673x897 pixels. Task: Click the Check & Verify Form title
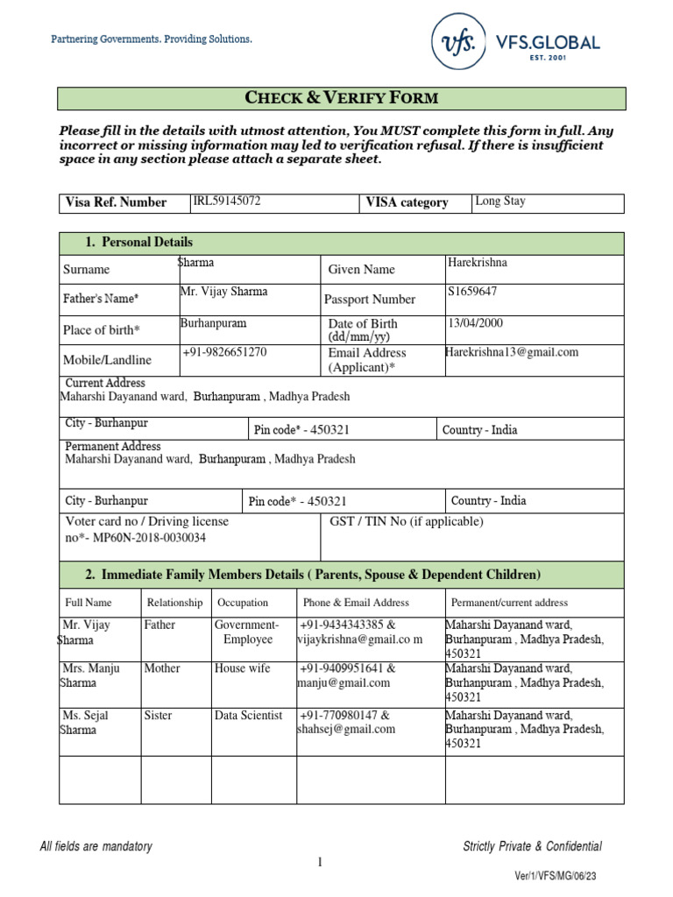(341, 97)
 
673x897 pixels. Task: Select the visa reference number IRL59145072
(226, 201)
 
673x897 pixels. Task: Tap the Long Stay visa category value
(500, 201)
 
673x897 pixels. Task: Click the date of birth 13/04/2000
(475, 323)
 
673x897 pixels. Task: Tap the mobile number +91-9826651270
(224, 352)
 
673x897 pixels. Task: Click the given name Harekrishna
(477, 262)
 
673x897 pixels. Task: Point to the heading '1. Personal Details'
(138, 242)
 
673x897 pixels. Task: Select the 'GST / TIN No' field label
(406, 521)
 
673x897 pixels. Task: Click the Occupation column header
(243, 603)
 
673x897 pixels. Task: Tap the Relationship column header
(174, 603)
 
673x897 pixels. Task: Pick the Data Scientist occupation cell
(248, 715)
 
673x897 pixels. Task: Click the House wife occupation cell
(243, 667)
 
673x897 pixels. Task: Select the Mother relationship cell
(162, 667)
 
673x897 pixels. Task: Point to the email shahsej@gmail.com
(347, 729)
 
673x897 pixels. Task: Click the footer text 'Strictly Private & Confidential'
(532, 846)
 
